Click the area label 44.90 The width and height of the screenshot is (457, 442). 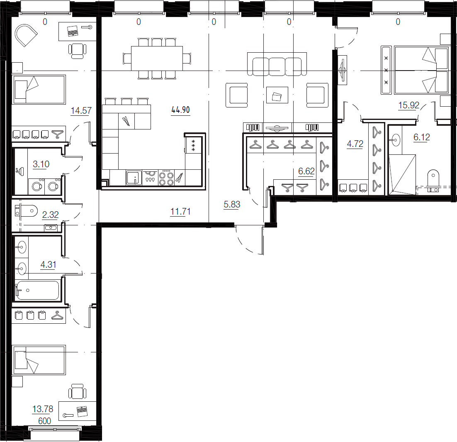[x=180, y=110]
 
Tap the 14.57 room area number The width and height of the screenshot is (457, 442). [x=81, y=110]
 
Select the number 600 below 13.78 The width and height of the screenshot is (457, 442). [x=44, y=421]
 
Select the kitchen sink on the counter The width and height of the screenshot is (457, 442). [x=134, y=177]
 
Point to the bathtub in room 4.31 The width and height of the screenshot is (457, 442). [x=38, y=290]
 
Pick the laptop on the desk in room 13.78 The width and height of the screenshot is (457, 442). [x=82, y=411]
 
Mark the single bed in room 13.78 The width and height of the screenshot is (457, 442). [x=39, y=360]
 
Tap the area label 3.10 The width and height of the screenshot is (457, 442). [x=41, y=164]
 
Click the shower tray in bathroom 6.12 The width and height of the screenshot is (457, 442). [x=402, y=174]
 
